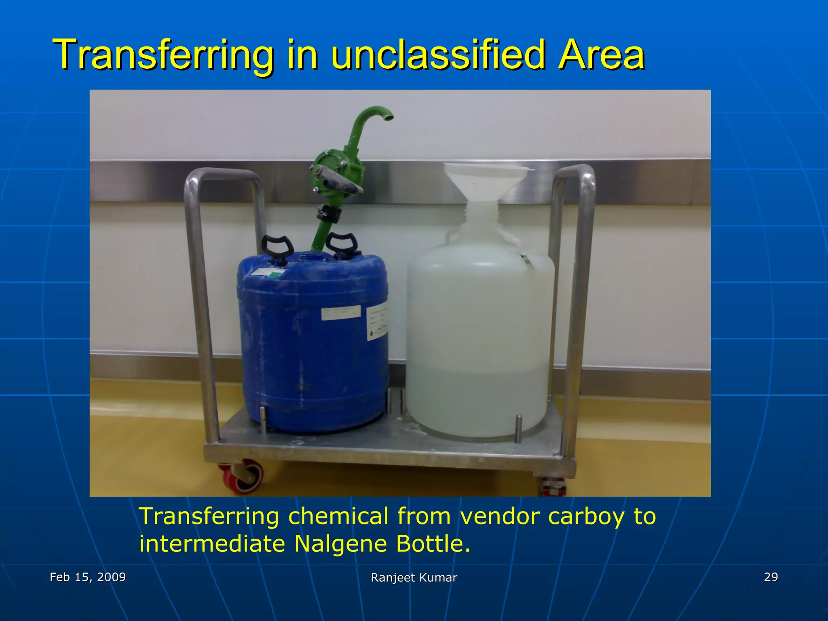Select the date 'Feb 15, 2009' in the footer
tap(88, 577)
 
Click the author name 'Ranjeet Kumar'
tap(414, 578)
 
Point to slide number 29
tap(771, 577)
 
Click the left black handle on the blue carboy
tap(277, 248)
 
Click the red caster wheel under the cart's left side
tap(245, 477)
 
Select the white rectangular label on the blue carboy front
tap(341, 313)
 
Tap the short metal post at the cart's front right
tap(518, 428)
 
